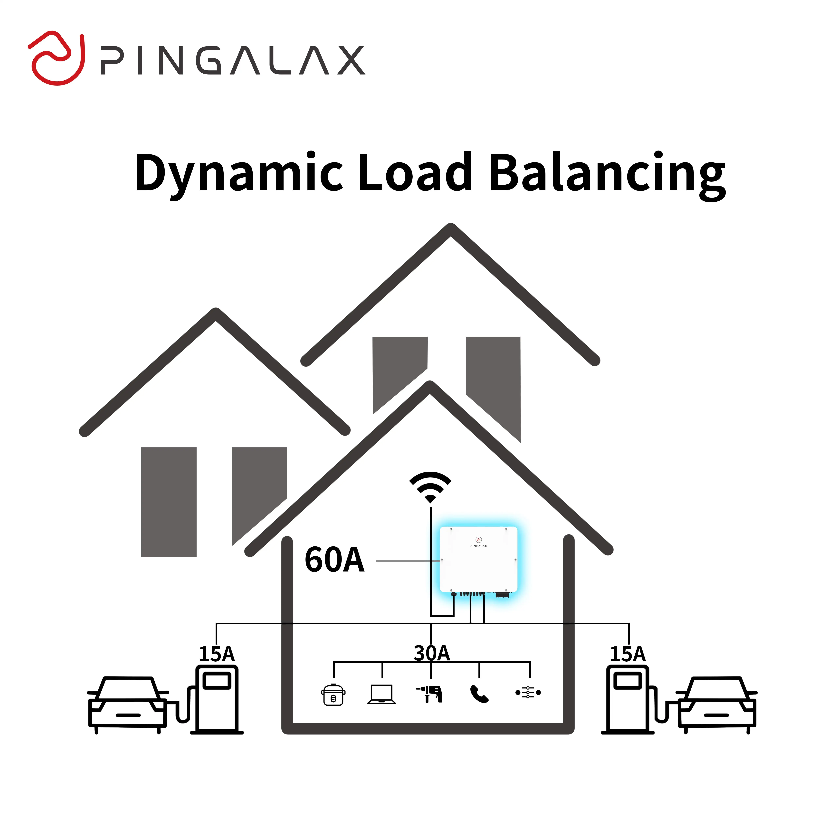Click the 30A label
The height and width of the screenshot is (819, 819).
[432, 653]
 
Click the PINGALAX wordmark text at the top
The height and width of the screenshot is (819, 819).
[232, 61]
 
